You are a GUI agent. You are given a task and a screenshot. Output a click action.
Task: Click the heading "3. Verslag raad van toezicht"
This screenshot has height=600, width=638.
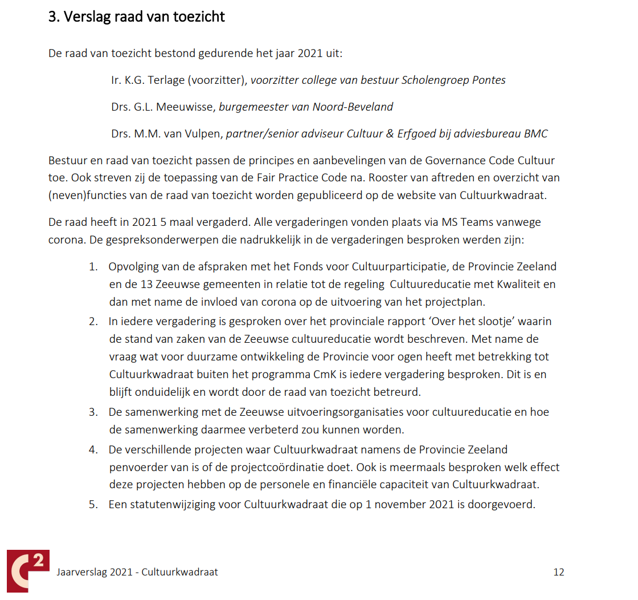click(137, 17)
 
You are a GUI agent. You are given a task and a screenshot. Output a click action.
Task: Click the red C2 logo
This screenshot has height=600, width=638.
click(28, 571)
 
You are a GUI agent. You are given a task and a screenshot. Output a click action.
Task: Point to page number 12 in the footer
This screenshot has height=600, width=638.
click(558, 572)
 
